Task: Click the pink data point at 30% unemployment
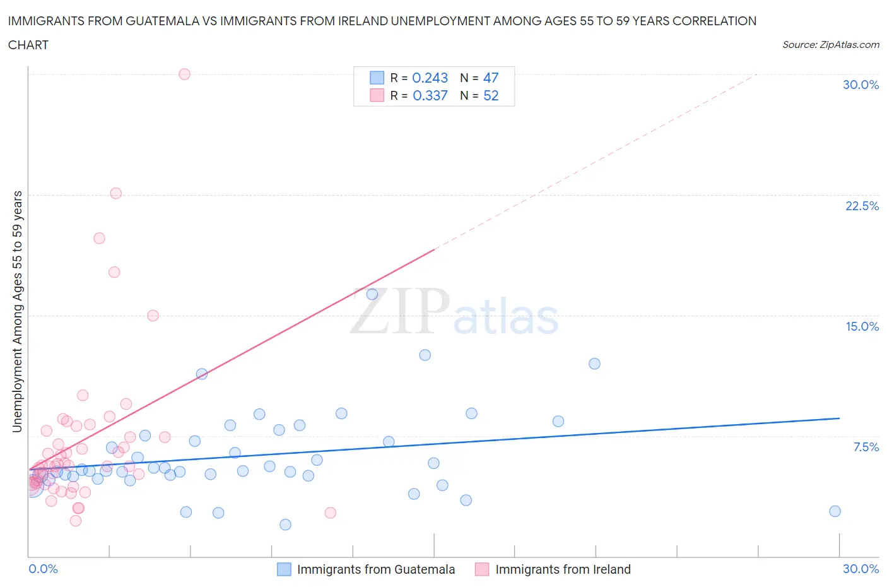click(x=184, y=74)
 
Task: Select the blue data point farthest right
click(x=835, y=511)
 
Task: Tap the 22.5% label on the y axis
click(x=862, y=206)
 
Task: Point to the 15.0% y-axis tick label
click(x=862, y=326)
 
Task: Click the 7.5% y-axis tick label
click(x=866, y=447)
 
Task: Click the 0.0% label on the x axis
click(x=43, y=569)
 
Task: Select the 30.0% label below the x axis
click(x=861, y=569)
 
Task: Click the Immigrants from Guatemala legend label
click(x=376, y=569)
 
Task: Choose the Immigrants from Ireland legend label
click(x=563, y=569)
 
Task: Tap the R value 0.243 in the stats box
click(x=430, y=78)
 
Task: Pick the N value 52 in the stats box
click(x=491, y=95)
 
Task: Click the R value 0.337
click(x=430, y=95)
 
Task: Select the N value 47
click(x=491, y=78)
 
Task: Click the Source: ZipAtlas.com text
click(x=830, y=44)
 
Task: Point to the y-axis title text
click(x=17, y=312)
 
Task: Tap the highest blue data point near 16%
click(x=372, y=294)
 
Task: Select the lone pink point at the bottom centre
click(x=330, y=513)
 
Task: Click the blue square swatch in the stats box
click(x=377, y=78)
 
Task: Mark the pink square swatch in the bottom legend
click(x=482, y=569)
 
